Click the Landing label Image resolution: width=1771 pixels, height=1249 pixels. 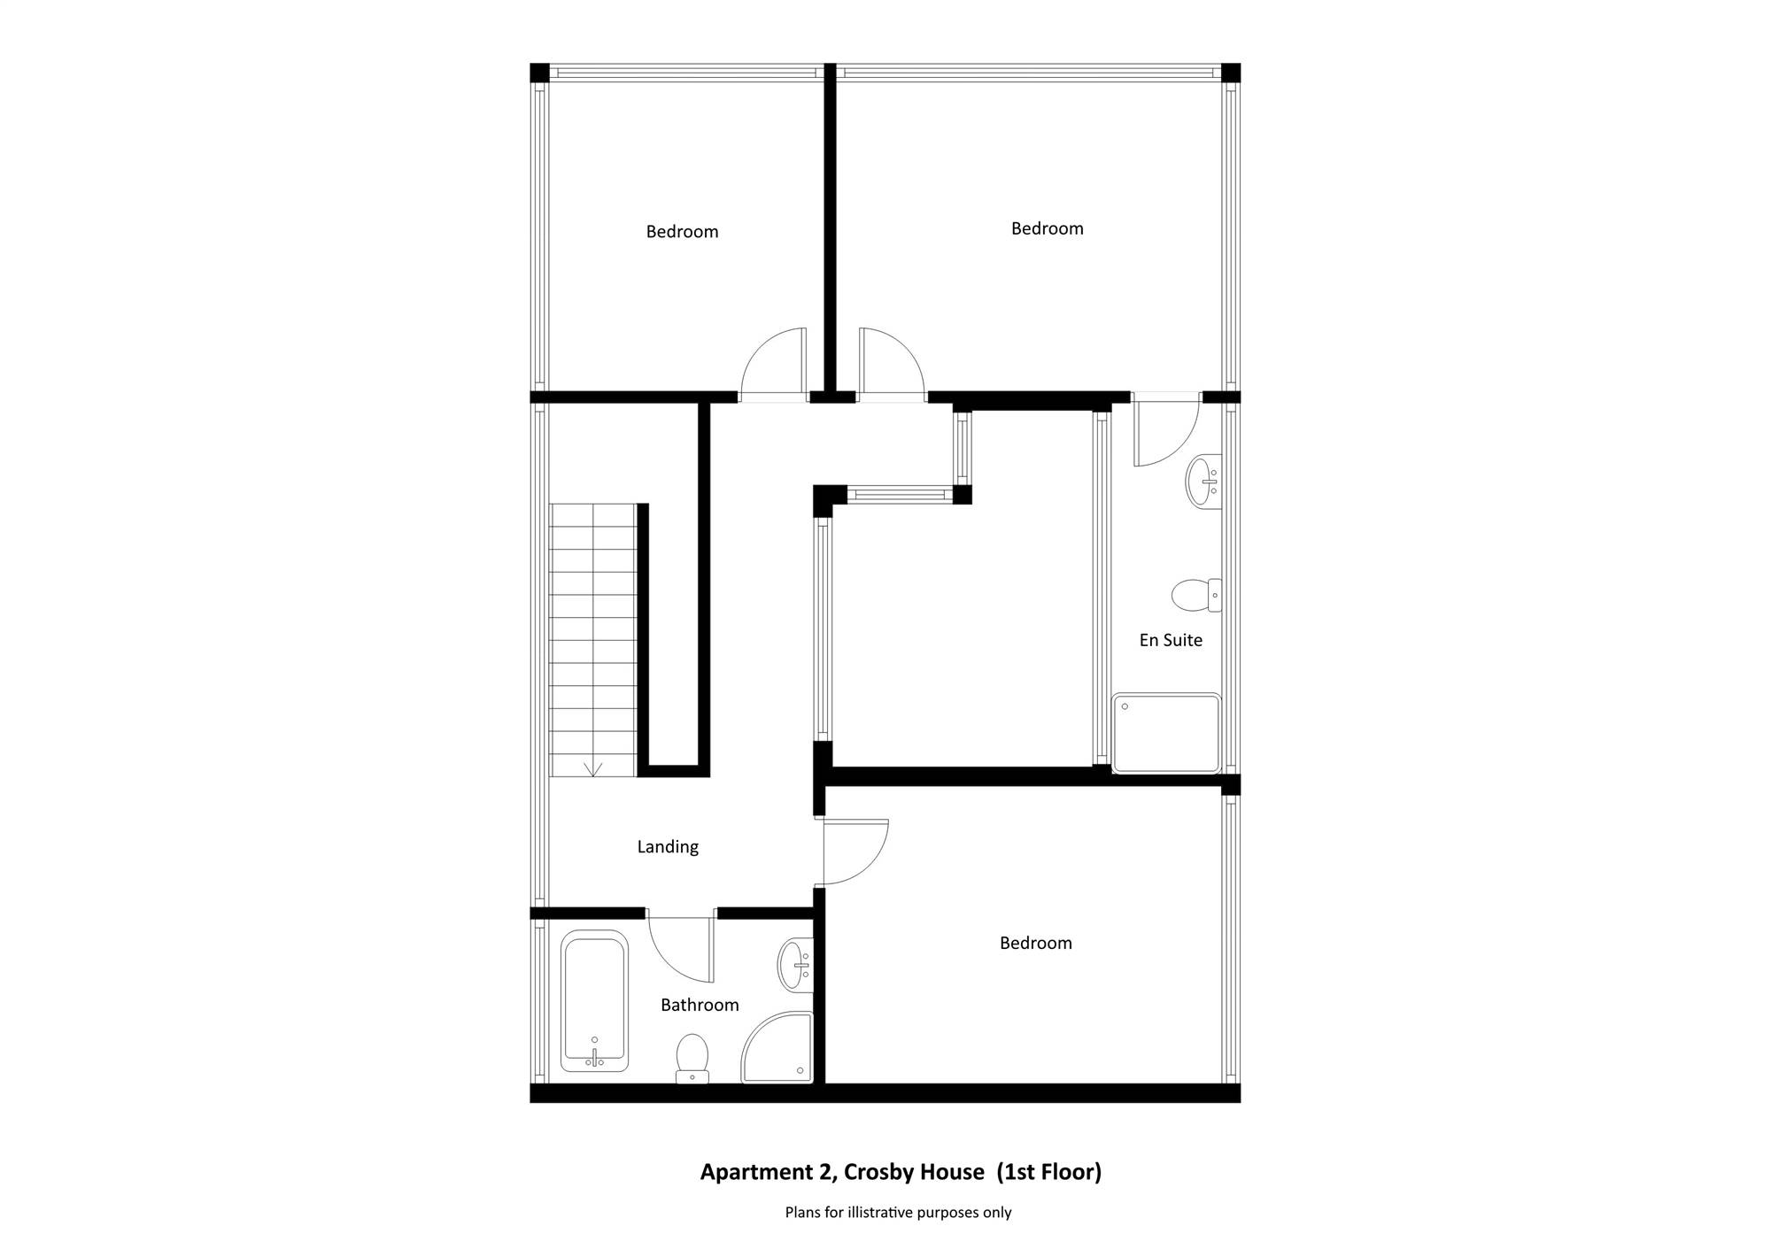(668, 847)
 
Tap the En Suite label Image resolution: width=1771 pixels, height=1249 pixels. (1171, 640)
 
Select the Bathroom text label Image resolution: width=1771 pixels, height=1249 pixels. (700, 1005)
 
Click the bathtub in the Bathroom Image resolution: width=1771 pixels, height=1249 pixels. (594, 1001)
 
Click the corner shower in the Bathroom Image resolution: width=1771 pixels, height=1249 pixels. (777, 1047)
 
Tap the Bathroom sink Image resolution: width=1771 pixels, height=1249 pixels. (795, 966)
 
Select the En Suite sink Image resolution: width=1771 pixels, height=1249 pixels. (1203, 481)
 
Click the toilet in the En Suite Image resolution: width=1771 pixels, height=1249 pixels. (1196, 595)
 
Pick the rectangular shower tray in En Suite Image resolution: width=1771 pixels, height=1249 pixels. (1166, 733)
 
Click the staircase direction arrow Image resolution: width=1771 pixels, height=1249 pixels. (593, 768)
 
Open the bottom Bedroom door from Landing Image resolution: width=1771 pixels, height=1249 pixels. (855, 852)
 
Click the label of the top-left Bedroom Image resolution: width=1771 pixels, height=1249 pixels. (682, 232)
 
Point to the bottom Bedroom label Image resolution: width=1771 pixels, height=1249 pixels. (1036, 944)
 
